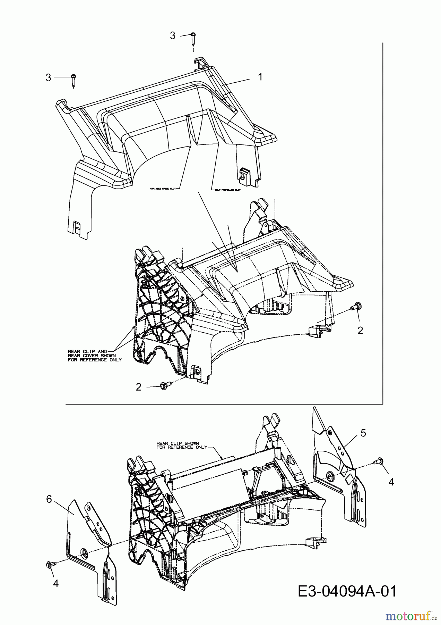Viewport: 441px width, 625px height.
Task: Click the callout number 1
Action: (x=260, y=77)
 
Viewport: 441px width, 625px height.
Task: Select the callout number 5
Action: (x=363, y=433)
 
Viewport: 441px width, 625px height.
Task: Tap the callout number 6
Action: (x=49, y=499)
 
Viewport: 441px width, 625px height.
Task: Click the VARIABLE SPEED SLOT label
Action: (x=163, y=189)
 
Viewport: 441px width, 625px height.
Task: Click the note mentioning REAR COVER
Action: (x=95, y=356)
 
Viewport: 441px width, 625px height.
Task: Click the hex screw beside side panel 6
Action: (x=49, y=564)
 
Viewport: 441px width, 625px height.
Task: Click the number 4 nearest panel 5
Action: (x=391, y=482)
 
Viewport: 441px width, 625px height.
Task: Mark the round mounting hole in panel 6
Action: (x=84, y=552)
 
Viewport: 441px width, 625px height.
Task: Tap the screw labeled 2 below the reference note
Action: (x=164, y=385)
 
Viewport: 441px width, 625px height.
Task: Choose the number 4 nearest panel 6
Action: (x=56, y=583)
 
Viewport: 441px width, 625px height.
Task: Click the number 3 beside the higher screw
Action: (x=173, y=35)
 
